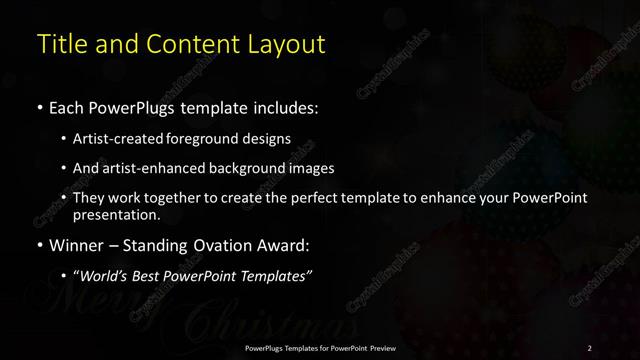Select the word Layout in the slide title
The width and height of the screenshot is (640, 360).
(x=290, y=45)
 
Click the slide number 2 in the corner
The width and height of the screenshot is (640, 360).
(x=589, y=348)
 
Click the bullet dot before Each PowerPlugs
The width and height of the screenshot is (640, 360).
(x=40, y=106)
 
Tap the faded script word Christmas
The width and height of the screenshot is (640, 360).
(x=230, y=325)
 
